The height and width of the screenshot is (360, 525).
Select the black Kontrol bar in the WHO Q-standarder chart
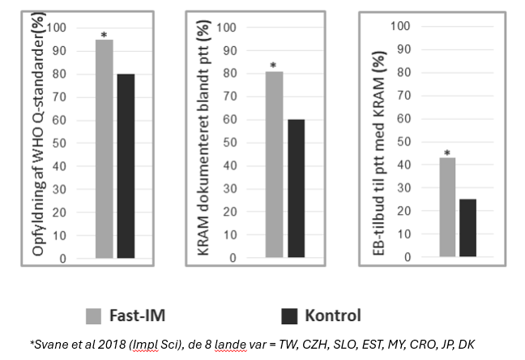pyautogui.click(x=126, y=166)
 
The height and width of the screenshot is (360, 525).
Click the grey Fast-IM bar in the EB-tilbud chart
pyautogui.click(x=447, y=208)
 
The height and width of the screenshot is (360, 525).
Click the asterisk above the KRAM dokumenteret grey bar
pyautogui.click(x=273, y=66)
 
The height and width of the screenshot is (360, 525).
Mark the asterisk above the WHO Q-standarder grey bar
pyautogui.click(x=103, y=34)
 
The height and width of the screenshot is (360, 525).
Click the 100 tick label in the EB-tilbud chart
pyautogui.click(x=402, y=26)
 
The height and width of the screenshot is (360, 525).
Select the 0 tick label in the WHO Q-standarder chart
pyautogui.click(x=62, y=259)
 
